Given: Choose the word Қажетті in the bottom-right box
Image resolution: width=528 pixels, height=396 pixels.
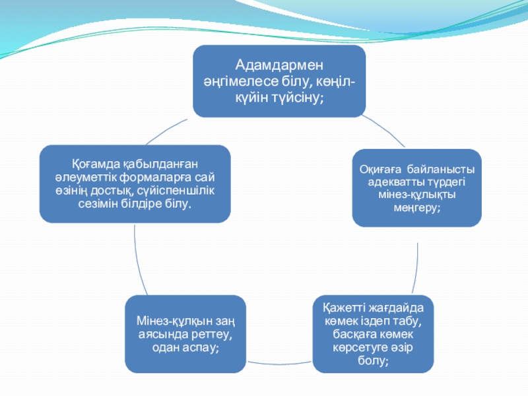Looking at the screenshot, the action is pos(345,308).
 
